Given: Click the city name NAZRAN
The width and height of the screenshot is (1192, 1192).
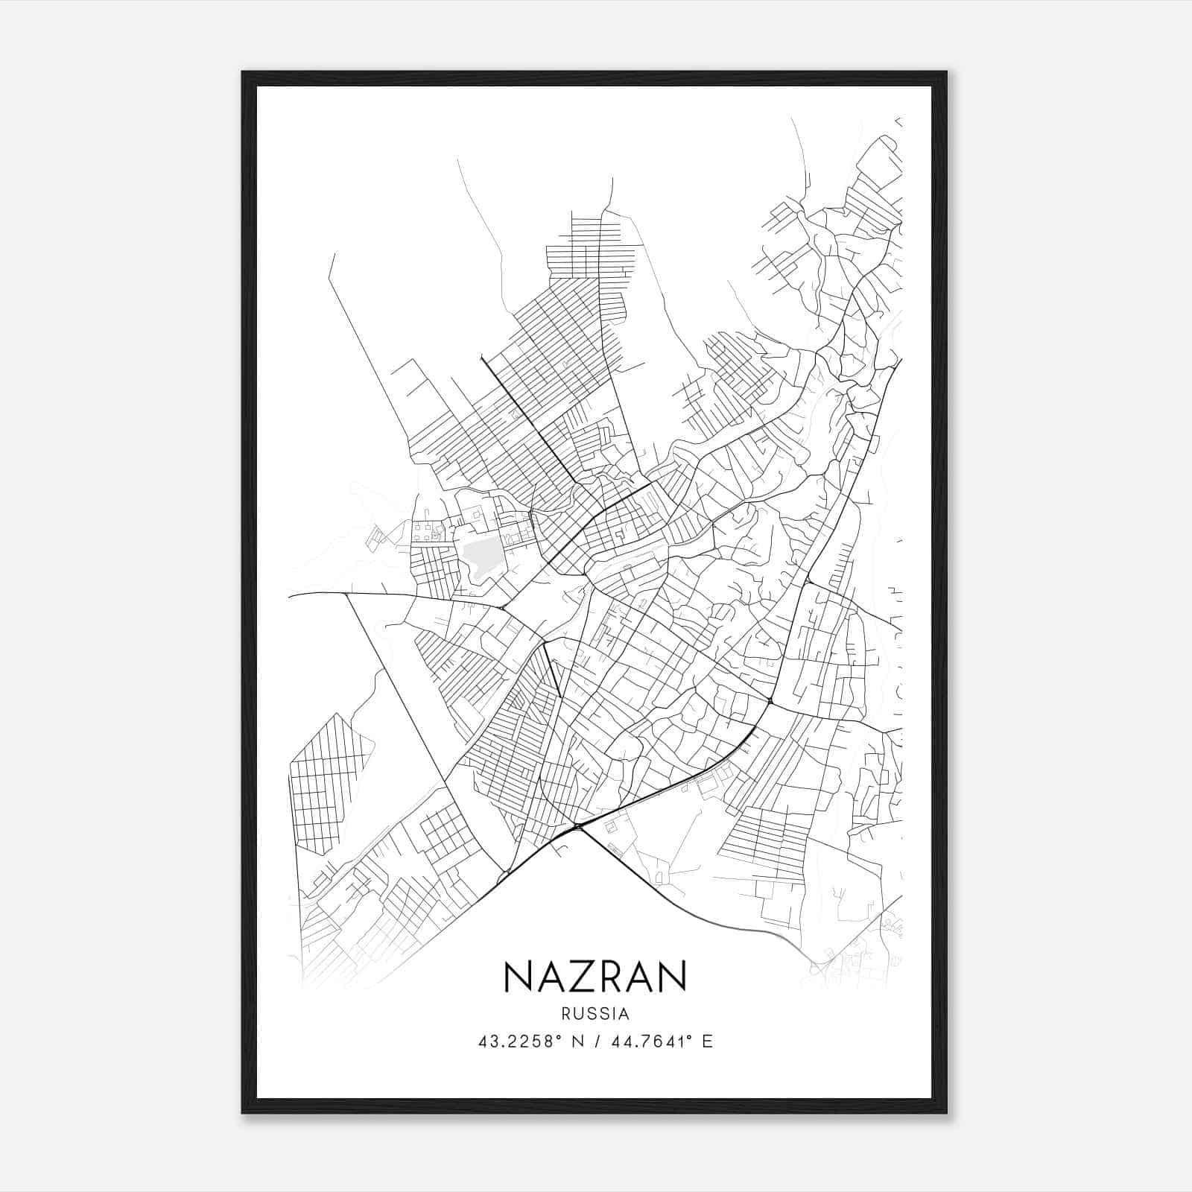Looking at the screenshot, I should coord(595,977).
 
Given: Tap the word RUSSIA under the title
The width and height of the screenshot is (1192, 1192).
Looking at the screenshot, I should coord(595,1014).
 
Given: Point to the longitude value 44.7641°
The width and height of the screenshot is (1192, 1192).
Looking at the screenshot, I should coord(649,1042).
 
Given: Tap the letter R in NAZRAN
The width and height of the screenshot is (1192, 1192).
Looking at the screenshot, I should coord(609,977).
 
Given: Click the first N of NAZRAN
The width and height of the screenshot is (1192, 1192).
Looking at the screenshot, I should coord(518,977).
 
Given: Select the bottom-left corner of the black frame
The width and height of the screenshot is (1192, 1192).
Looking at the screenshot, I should coord(244,1112).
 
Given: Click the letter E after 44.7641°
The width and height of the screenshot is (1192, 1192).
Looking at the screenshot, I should coord(707,1042).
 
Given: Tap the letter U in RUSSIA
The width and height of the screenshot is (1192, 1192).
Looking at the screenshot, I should coord(577,1014).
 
